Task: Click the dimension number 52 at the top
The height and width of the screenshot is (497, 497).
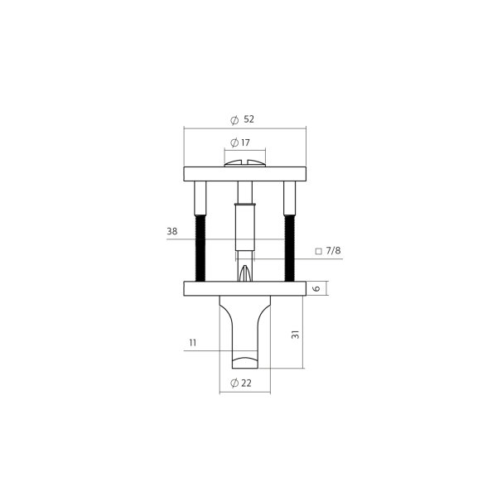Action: pos(249,119)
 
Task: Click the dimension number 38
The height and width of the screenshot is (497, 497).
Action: pos(172,232)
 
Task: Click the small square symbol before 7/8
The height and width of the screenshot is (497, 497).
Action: pos(318,251)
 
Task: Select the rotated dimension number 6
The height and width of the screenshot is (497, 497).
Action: pos(316,288)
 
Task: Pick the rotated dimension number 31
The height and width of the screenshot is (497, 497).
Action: pos(295,335)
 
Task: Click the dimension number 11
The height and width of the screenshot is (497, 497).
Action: pos(192,342)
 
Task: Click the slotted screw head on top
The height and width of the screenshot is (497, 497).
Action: pos(244,164)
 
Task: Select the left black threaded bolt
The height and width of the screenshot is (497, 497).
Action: pos(200,248)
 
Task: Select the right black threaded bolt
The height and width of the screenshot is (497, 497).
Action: pos(289,248)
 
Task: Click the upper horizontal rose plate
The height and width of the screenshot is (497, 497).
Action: pos(244,174)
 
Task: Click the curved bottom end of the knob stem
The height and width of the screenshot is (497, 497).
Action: pos(244,362)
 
